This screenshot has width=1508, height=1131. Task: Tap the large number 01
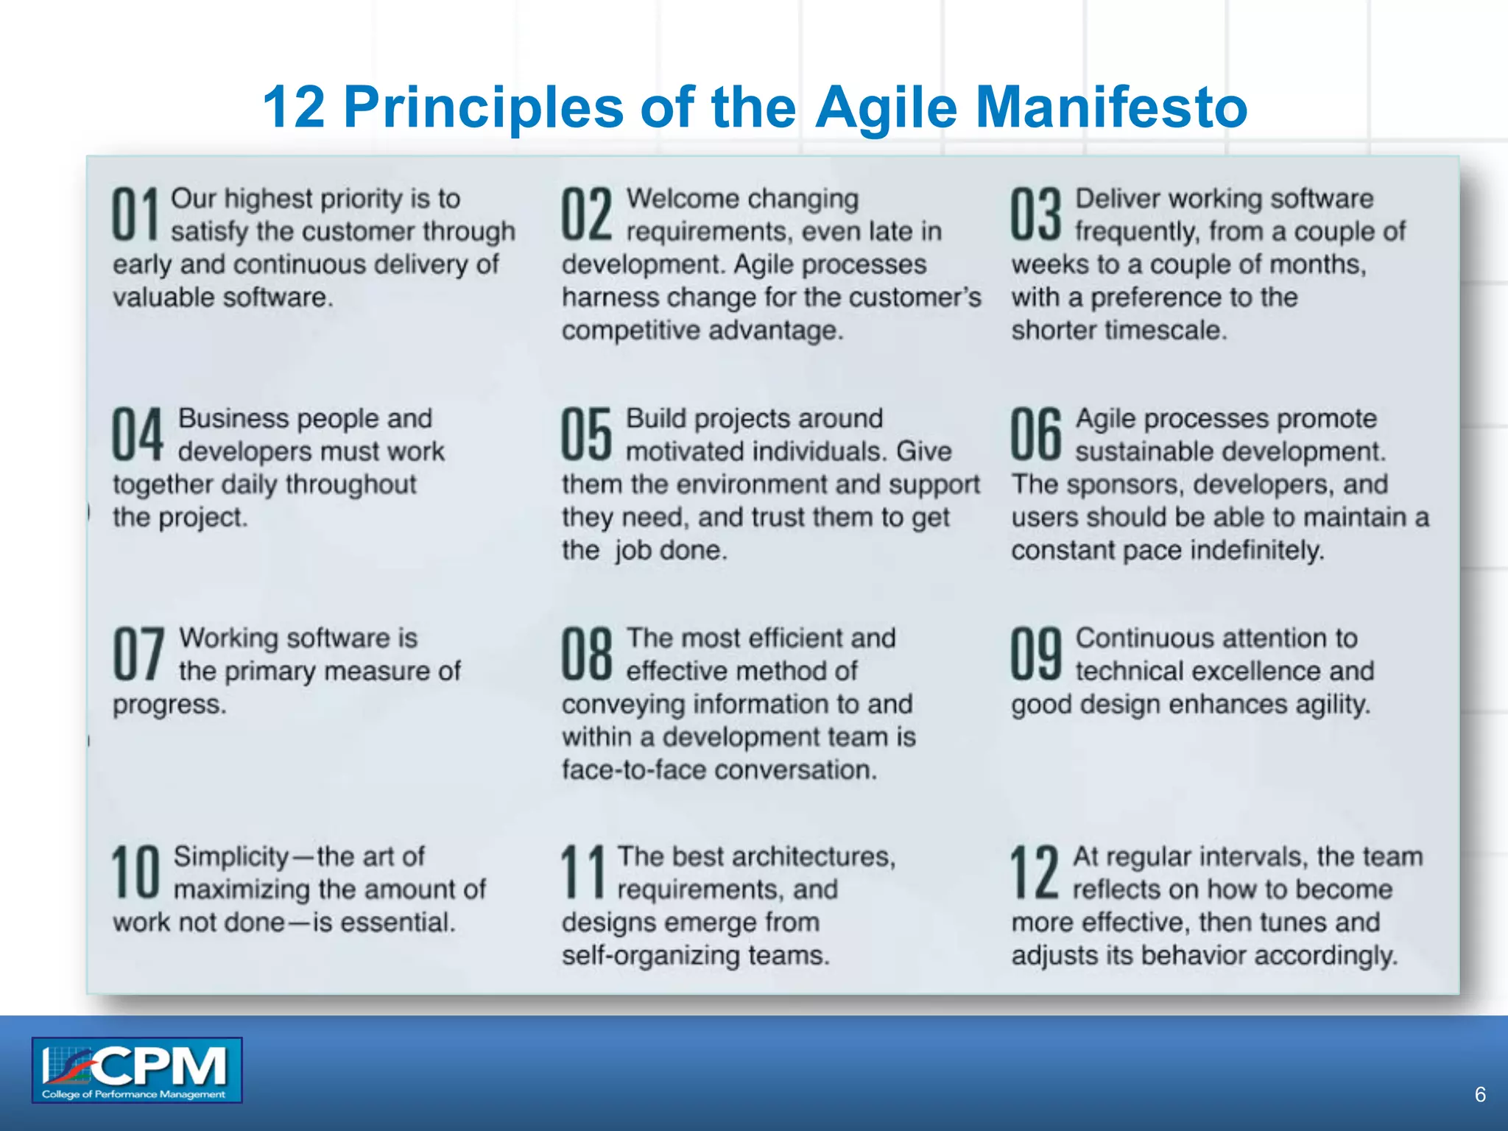(x=135, y=214)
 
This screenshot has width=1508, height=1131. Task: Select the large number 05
(x=586, y=434)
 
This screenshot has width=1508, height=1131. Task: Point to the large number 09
(x=1035, y=654)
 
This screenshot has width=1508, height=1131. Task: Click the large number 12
(x=1034, y=873)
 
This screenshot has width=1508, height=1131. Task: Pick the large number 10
(x=135, y=873)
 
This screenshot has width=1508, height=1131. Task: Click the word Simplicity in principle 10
(x=231, y=857)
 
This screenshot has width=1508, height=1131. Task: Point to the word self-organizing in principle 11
(x=650, y=956)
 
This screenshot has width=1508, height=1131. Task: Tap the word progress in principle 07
(x=169, y=705)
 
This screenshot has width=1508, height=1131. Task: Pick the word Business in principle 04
(x=233, y=418)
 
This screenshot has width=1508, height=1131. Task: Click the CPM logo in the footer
(x=137, y=1070)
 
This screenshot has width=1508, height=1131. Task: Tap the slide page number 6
(x=1480, y=1095)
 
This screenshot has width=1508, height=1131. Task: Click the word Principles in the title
(x=484, y=108)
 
